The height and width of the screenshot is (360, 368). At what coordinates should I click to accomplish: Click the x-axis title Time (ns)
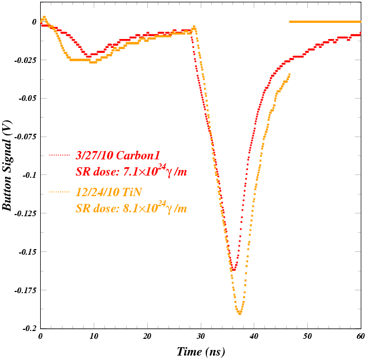(201, 352)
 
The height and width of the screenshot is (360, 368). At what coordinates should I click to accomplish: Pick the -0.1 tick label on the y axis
(28, 175)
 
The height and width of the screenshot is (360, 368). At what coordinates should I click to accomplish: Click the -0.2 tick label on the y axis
(28, 328)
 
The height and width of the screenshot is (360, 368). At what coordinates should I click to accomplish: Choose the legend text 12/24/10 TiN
(109, 192)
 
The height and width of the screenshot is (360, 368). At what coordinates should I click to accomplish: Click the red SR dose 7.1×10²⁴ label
(131, 171)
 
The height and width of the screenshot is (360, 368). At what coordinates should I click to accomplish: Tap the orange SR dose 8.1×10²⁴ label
(131, 208)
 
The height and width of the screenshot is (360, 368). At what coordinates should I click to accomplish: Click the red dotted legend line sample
(60, 155)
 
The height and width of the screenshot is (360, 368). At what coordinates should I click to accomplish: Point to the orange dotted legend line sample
(60, 192)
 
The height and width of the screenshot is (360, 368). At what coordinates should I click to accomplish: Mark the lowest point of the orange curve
(240, 314)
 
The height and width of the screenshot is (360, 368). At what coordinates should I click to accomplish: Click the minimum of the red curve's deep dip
(234, 270)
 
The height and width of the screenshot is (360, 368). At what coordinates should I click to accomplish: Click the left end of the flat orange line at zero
(290, 22)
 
